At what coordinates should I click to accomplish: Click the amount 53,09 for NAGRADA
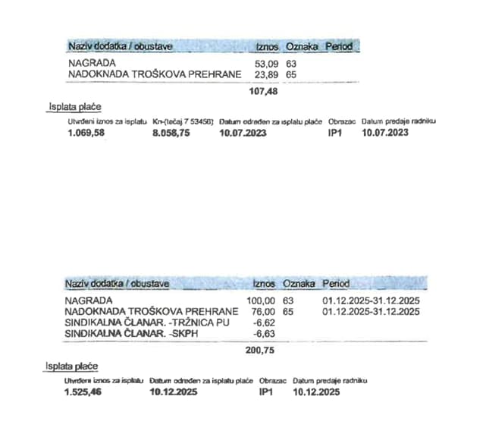268,64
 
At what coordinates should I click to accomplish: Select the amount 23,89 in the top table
268,74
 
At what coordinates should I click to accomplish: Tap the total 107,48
264,91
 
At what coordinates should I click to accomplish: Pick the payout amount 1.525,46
84,392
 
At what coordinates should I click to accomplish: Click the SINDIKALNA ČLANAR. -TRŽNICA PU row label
148,322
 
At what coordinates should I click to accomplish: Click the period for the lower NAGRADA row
371,301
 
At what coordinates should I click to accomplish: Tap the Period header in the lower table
336,284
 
